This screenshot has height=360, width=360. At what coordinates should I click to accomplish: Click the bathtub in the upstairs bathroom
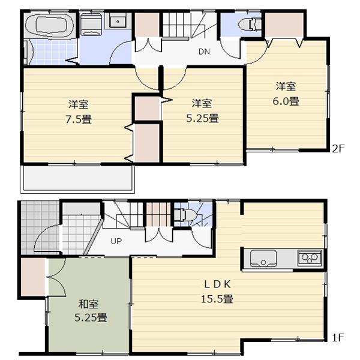click(x=50, y=27)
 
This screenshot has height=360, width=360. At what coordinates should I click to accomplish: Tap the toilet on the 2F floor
click(x=248, y=25)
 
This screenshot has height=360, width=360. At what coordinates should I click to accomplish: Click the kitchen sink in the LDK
click(x=263, y=259)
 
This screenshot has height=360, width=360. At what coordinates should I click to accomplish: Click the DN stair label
click(x=204, y=52)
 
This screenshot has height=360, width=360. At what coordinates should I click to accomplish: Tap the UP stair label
click(x=115, y=242)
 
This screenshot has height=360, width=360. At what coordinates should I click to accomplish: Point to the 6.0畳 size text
click(x=286, y=101)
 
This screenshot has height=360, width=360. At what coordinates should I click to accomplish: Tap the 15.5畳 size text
click(x=221, y=298)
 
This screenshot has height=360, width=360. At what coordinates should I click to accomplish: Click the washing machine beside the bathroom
click(x=91, y=26)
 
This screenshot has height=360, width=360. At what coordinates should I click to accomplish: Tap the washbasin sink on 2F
click(x=118, y=23)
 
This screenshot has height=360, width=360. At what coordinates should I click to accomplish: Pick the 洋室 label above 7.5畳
click(x=79, y=103)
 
